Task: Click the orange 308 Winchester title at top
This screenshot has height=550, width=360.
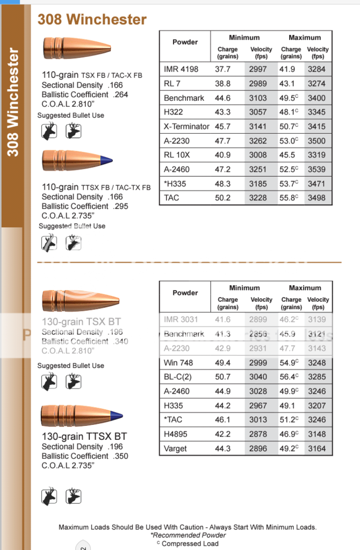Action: [x=92, y=20]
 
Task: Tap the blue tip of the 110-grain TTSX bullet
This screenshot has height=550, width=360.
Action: [x=107, y=160]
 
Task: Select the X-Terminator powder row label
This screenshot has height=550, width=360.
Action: [x=186, y=126]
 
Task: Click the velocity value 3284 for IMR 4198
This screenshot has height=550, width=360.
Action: [x=316, y=69]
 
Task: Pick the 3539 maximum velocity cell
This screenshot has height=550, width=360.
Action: [x=316, y=169]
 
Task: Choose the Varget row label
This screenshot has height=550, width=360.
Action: [x=176, y=448]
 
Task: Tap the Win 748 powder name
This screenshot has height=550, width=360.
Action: [x=179, y=363]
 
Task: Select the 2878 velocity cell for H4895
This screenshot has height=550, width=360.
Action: [x=258, y=434]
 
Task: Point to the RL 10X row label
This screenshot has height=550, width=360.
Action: [x=178, y=155]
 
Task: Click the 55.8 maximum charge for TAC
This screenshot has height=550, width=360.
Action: [x=291, y=198]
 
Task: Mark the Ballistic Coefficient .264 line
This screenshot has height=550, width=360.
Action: [x=85, y=95]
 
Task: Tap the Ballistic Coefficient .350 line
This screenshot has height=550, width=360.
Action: [x=85, y=456]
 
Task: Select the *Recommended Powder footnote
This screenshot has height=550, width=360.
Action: [x=188, y=535]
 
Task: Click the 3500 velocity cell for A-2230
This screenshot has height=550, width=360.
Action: [x=316, y=141]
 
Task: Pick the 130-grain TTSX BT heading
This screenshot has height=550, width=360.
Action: [x=84, y=436]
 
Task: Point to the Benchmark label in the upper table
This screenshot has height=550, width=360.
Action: [x=184, y=98]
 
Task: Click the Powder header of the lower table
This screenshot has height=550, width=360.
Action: [x=185, y=293]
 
